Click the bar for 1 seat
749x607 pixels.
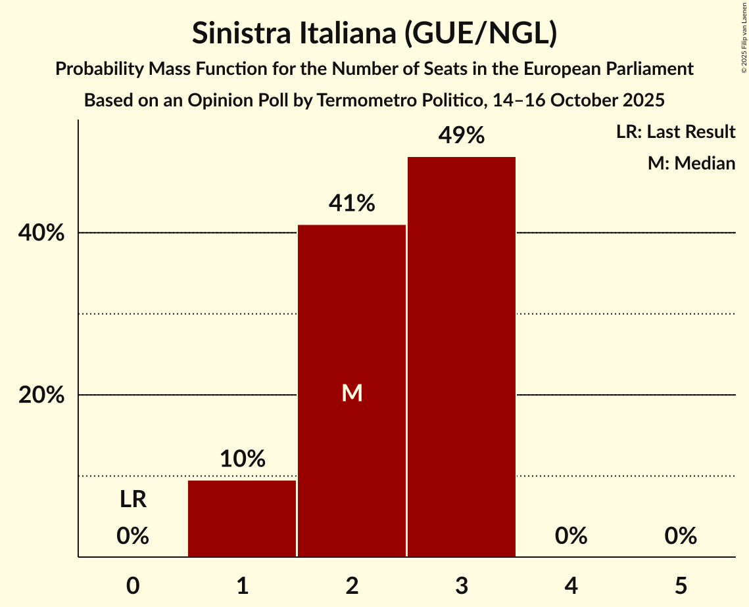pos(242,518)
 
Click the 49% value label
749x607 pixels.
pos(462,136)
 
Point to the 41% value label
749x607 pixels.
pos(352,204)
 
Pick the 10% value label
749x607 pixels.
pos(242,459)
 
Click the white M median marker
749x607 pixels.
pos(352,393)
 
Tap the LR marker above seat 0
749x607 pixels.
pos(133,500)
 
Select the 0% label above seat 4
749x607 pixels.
pos(571,536)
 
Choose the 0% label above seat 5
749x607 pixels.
pos(681,536)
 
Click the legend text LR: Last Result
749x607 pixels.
pos(675,132)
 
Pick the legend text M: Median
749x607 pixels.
pos(691,163)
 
